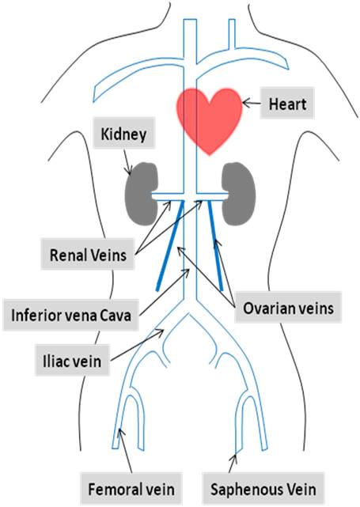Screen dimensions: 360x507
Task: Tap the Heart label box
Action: [x=287, y=104]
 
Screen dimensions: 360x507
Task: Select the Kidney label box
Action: [x=124, y=133]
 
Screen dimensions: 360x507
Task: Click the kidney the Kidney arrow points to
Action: [x=142, y=194]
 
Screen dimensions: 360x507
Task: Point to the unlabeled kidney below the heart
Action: [x=239, y=194]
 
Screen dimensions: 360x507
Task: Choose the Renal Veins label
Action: [x=88, y=254]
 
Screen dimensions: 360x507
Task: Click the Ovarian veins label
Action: [x=288, y=308]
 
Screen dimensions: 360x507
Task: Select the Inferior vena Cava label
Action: [x=71, y=315]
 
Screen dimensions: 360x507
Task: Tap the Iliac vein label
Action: [x=72, y=361]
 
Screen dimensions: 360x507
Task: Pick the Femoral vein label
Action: [x=131, y=489]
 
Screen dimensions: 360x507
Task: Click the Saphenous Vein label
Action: [x=263, y=489]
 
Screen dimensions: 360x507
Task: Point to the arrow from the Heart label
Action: [x=252, y=103]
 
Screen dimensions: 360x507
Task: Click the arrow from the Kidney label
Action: [x=127, y=162]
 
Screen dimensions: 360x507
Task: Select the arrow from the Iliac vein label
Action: [x=137, y=345]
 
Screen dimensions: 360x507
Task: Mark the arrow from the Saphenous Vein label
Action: [x=233, y=463]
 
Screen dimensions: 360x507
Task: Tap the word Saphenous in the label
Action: [x=241, y=490]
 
